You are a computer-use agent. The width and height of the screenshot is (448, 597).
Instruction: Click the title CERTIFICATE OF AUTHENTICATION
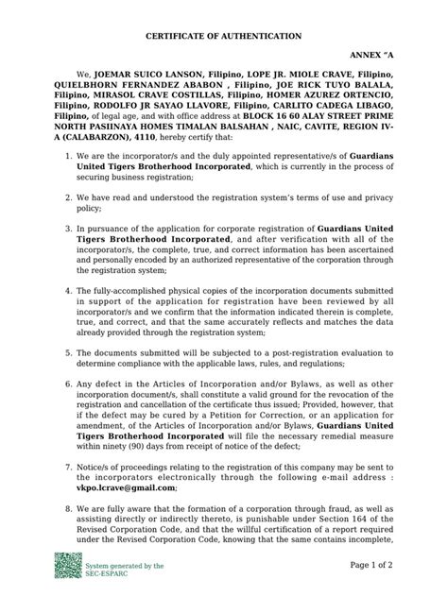[224, 35]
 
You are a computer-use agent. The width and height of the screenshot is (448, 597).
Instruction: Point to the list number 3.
[55, 230]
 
